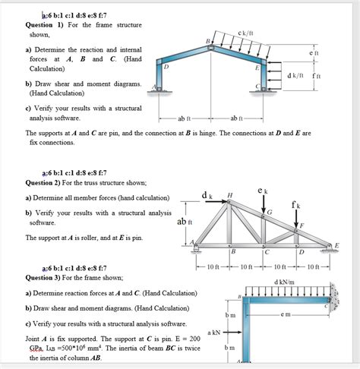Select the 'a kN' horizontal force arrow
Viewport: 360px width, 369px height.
coord(229,332)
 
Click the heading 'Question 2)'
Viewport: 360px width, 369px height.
coord(49,182)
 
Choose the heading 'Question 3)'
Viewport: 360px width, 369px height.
coord(49,277)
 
